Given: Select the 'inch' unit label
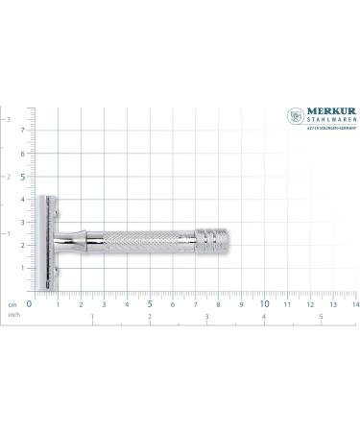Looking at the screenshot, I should tap(13, 313).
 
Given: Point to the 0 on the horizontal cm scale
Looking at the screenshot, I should tap(30, 303).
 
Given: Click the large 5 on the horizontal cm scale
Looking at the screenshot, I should tap(149, 303).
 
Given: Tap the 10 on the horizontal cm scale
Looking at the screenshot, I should tap(265, 303).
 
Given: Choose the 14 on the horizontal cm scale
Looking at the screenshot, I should tap(354, 304).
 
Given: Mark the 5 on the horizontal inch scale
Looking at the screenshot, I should tap(321, 316).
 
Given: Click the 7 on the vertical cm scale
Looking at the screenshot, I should tap(22, 130).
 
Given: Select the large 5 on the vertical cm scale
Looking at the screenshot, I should tap(22, 176).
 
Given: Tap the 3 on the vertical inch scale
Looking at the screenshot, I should tap(10, 119).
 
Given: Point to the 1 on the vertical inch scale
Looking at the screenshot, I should tap(10, 233).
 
